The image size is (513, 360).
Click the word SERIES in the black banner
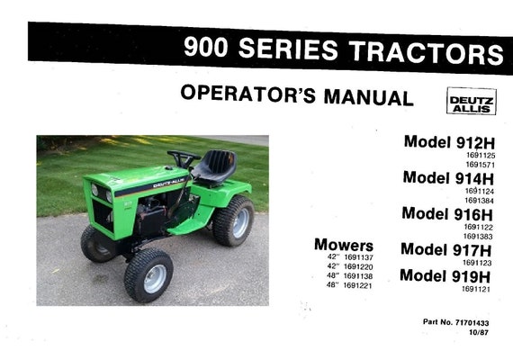288,49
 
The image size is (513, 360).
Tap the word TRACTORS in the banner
426,52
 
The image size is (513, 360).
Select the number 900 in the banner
205,48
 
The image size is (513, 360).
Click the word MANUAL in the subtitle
369,97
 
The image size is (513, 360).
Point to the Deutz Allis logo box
472,101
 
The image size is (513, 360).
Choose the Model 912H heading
449,142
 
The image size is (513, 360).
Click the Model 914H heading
448,178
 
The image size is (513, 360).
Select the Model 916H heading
447,213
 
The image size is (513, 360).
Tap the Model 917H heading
446,249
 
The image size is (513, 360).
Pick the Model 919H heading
445,276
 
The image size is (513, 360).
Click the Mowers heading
344,245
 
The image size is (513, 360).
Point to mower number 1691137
358,257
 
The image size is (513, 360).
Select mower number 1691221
358,285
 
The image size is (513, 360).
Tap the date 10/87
478,332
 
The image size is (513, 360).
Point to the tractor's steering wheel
184,157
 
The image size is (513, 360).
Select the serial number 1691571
481,165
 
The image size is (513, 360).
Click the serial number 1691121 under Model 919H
476,289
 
